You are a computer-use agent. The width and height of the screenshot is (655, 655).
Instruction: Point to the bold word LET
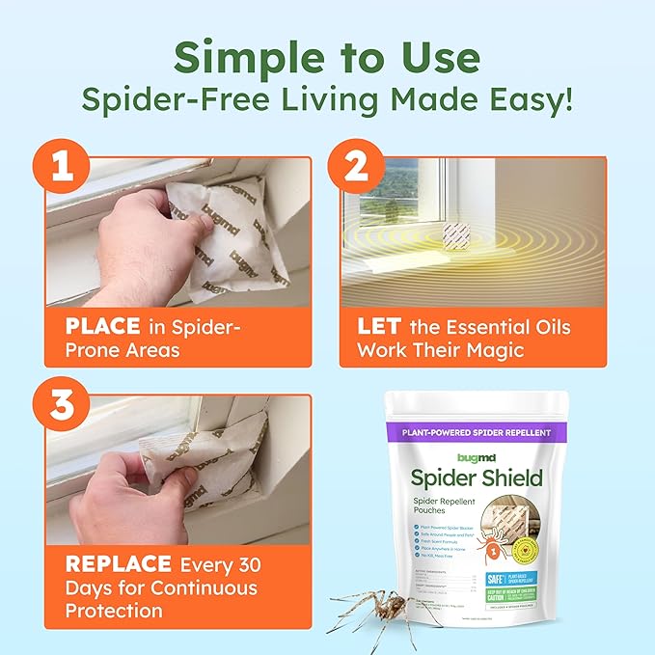[x=378, y=327]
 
